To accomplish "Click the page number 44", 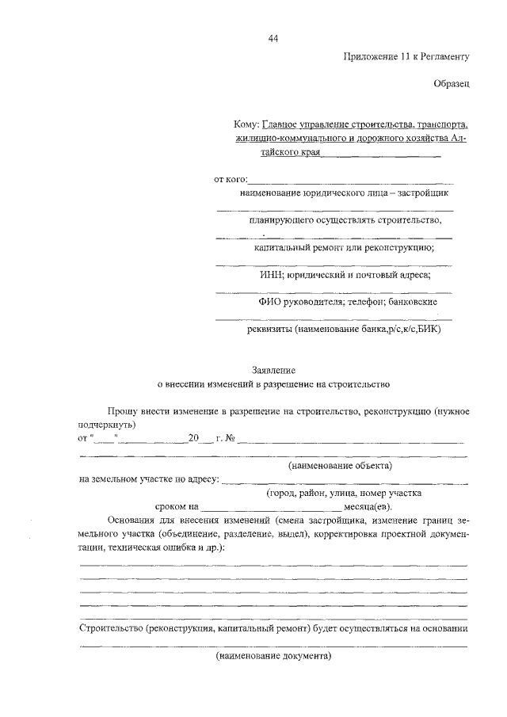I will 273,38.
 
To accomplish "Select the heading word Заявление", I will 273,370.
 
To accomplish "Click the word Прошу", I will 124,412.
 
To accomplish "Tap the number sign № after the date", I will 232,438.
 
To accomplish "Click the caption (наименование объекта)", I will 341,465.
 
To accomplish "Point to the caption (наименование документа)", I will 273,657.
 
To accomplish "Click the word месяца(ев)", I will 368,505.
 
